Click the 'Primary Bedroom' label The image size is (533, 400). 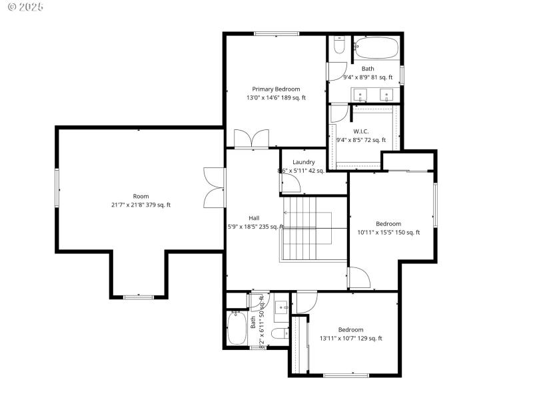[x=275, y=89]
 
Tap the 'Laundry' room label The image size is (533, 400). [x=303, y=162]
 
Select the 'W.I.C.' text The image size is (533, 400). [x=360, y=131]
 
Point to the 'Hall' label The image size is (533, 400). [x=254, y=218]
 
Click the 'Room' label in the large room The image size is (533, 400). [x=141, y=196]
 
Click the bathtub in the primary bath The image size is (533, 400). [x=376, y=49]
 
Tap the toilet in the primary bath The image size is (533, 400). [x=338, y=46]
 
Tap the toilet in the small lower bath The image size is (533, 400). [x=280, y=333]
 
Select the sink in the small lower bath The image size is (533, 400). [x=282, y=307]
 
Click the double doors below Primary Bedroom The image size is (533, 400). [x=251, y=139]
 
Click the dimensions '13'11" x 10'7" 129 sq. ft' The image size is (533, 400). [x=350, y=339]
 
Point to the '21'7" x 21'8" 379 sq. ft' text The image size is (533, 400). [x=141, y=205]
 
